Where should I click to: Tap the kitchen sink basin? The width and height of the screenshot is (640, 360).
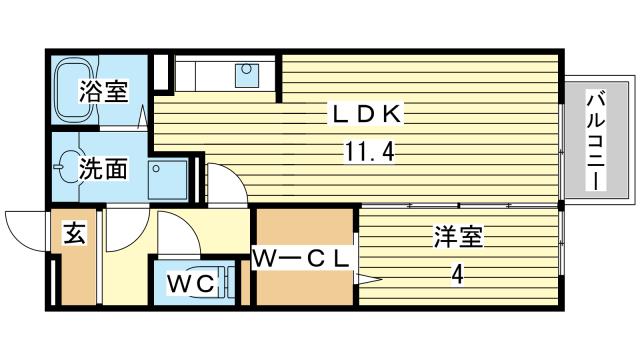pos(246,72)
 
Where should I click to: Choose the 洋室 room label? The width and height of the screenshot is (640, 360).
pos(458,237)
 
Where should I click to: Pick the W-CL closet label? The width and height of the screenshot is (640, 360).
pos(301,259)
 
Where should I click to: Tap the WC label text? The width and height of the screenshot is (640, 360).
pos(191,284)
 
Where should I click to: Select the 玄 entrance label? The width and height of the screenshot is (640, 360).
pos(75,235)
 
